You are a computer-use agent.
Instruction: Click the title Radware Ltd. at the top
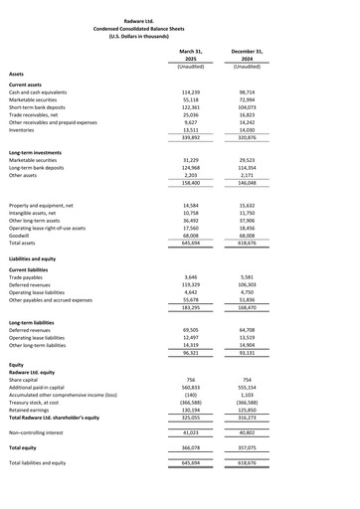point(179,20)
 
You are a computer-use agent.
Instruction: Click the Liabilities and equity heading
point(39,257)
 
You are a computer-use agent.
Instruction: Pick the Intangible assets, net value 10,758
point(192,211)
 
